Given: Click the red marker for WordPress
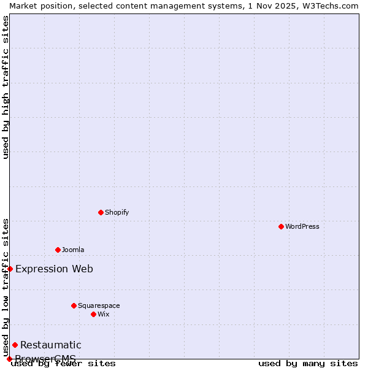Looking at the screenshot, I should [x=281, y=226].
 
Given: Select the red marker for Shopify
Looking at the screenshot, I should [x=101, y=212].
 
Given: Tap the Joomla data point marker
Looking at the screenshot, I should [x=58, y=250].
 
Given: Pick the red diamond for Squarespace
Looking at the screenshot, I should [x=74, y=305].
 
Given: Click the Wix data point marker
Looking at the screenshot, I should [x=93, y=314].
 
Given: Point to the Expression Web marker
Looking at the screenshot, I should [x=10, y=269].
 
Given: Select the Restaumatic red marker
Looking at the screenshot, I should [x=15, y=345].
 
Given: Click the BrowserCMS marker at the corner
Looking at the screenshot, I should [x=9, y=359].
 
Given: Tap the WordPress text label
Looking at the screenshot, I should [x=302, y=226].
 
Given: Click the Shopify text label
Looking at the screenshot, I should [x=117, y=212].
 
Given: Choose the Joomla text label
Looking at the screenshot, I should [x=73, y=250].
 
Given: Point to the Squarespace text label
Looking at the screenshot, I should [x=99, y=305].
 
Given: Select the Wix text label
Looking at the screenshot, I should [x=103, y=314].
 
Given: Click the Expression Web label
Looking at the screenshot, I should [x=54, y=269].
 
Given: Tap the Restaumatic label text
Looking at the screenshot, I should [x=50, y=345].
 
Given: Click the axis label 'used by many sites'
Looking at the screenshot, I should [x=308, y=364].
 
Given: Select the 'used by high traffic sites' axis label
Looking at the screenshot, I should [x=6, y=87].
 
